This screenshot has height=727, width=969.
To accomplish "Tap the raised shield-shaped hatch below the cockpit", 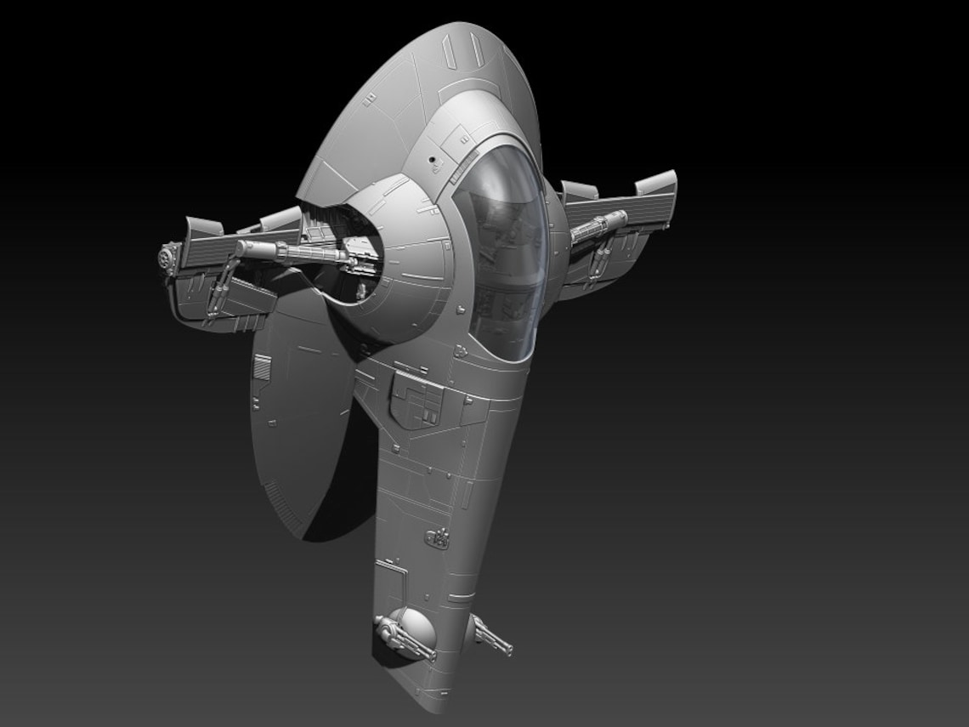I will [416, 400].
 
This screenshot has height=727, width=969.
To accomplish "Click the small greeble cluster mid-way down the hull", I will [437, 537].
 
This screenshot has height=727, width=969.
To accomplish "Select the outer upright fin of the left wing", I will [202, 227].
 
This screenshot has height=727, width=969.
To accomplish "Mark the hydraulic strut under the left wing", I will [223, 289].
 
